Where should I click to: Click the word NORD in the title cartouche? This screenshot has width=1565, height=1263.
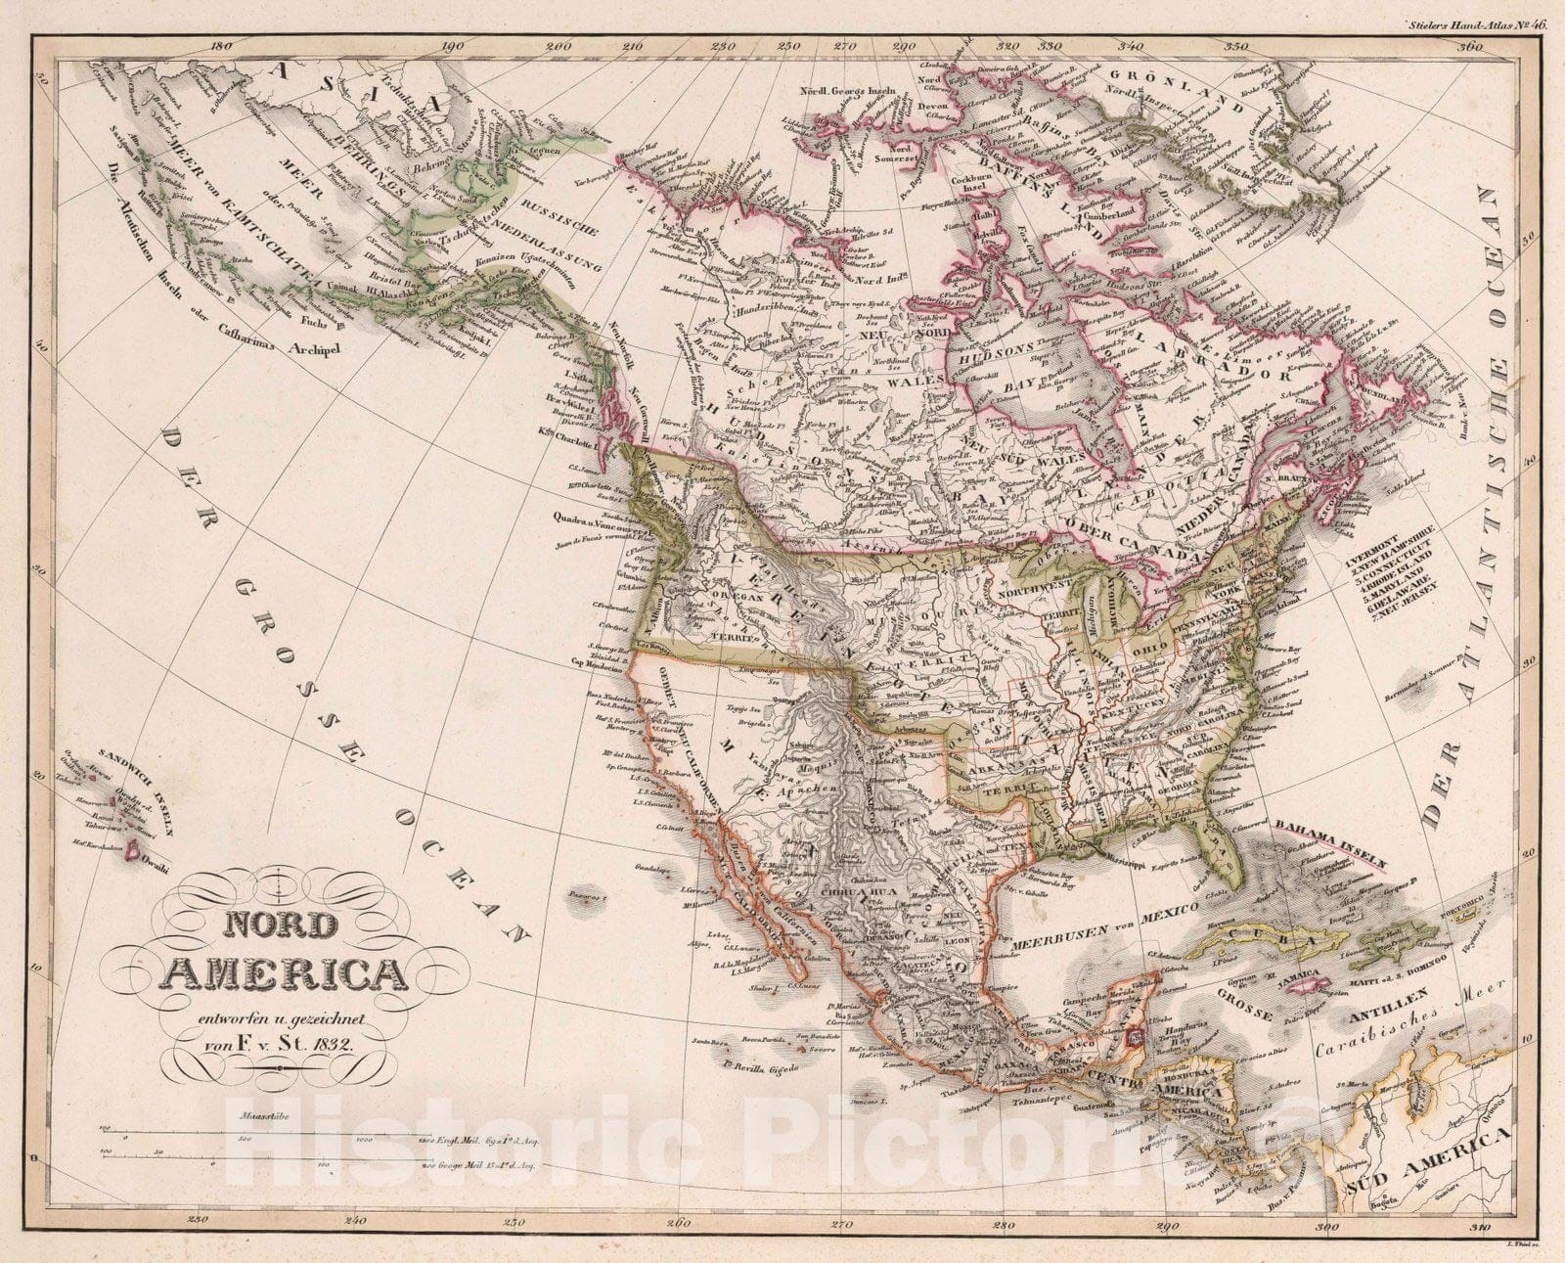[285, 925]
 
